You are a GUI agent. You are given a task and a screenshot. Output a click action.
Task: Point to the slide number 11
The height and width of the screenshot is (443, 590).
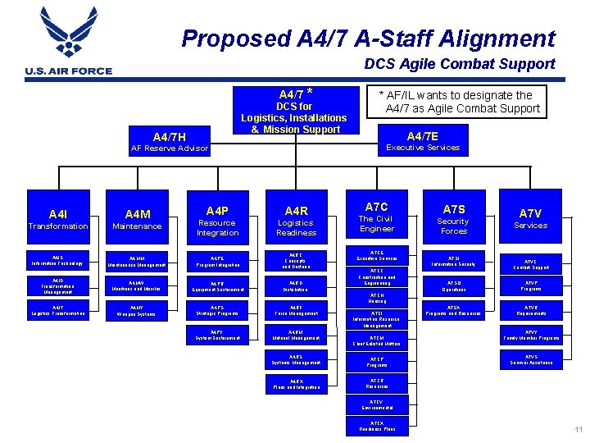(579, 430)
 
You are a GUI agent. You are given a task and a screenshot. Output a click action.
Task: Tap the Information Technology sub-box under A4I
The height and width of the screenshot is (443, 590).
(57, 261)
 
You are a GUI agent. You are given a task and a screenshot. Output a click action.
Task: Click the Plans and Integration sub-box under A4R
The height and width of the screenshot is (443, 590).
(296, 384)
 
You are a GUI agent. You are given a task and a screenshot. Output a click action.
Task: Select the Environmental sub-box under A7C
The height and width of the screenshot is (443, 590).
(376, 404)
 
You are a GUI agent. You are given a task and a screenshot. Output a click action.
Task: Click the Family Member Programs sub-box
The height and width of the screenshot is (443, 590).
(530, 335)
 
